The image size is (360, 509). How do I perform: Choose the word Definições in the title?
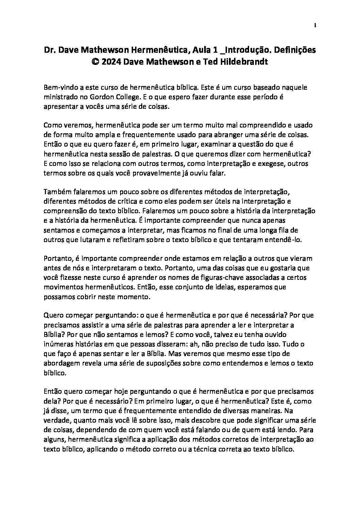coord(295,50)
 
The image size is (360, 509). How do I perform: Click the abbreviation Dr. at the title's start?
coord(50,50)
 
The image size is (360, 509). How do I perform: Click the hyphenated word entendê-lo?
coord(282,239)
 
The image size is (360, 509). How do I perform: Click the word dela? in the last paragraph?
coord(51,401)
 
